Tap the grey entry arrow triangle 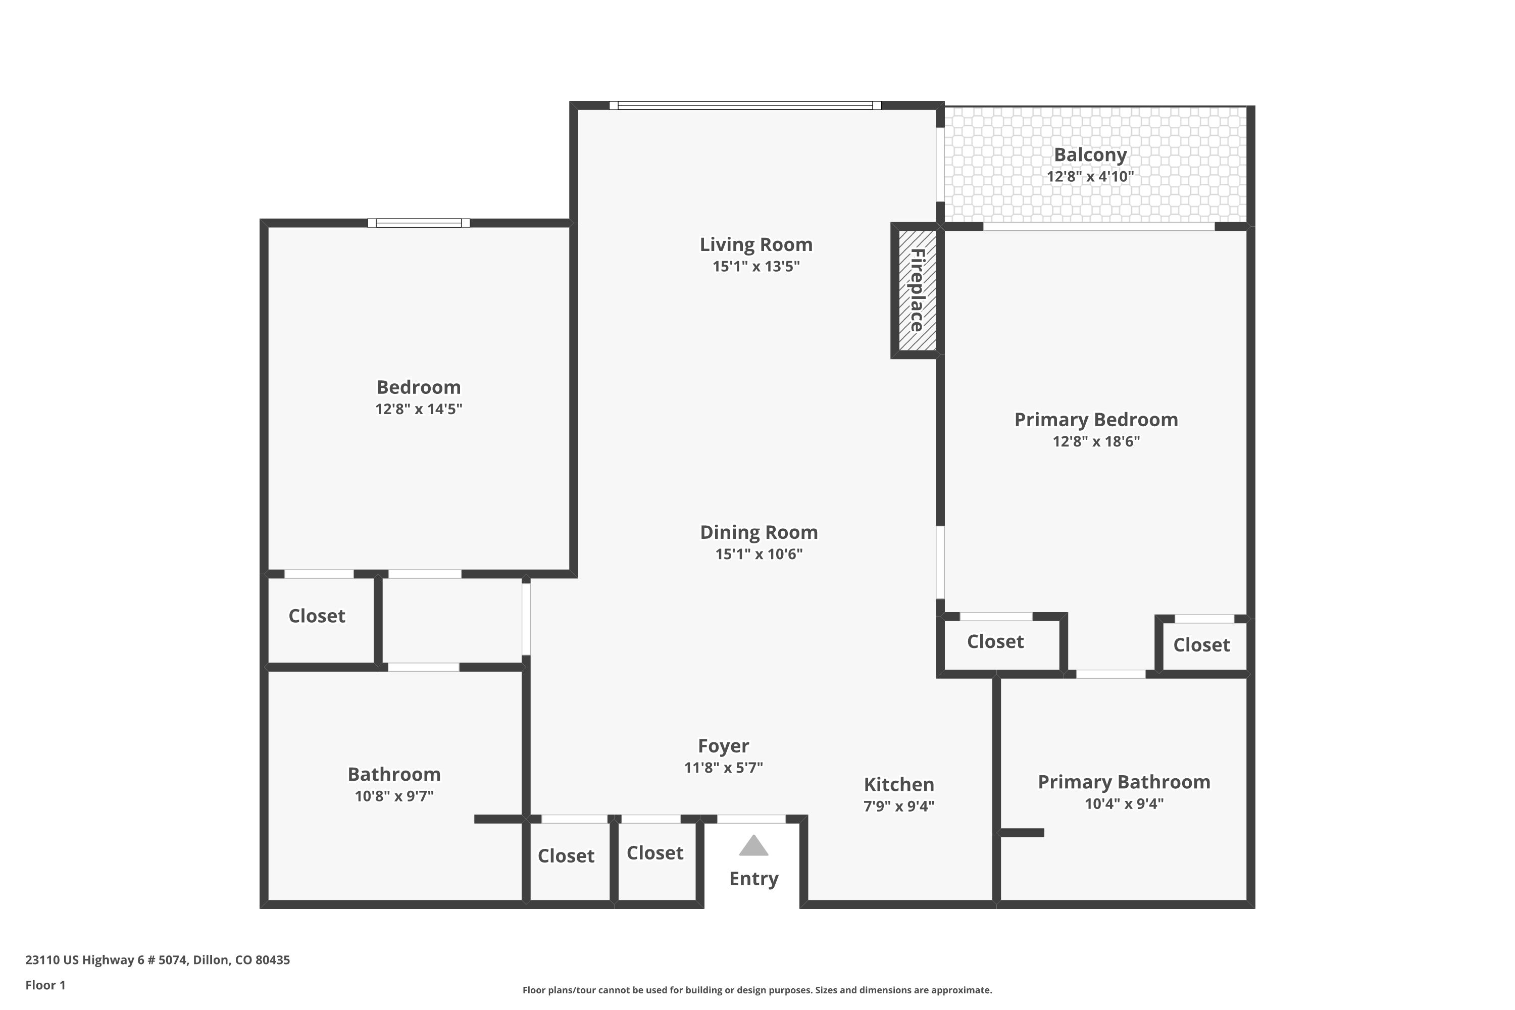point(753,846)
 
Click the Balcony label point(1090,155)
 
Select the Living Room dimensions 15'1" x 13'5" point(755,267)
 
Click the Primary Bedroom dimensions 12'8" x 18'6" point(1096,441)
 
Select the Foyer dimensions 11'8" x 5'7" point(723,767)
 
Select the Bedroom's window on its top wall point(418,223)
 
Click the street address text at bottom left point(157,960)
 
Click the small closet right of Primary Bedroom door point(1201,645)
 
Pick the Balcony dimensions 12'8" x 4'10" point(1089,176)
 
